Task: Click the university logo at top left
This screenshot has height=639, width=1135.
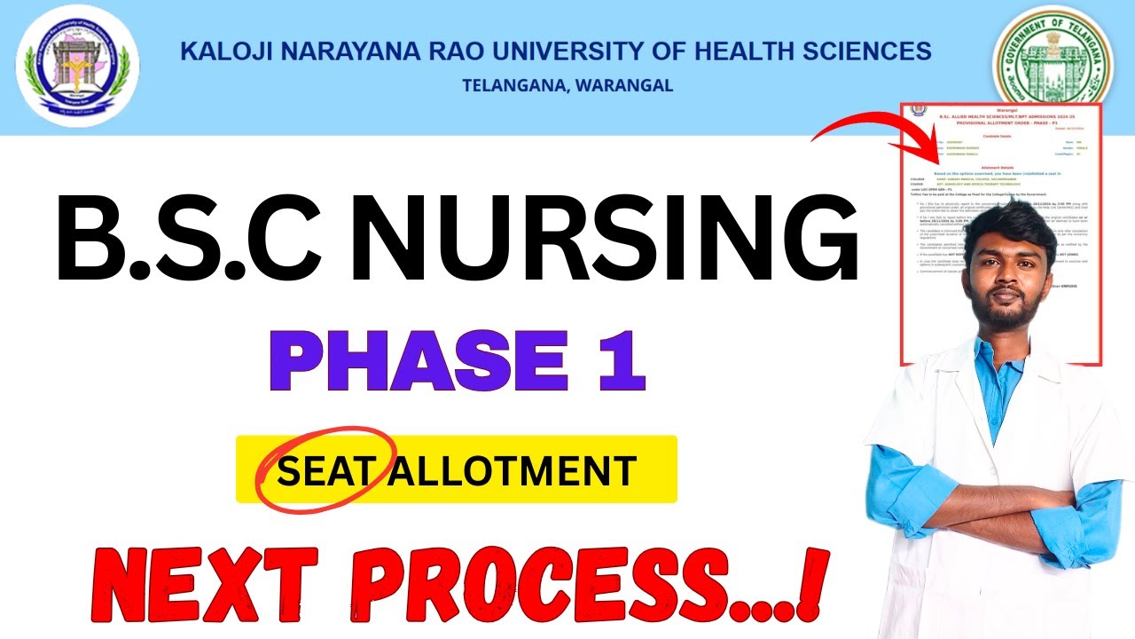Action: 78,67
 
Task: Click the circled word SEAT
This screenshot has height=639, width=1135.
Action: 323,470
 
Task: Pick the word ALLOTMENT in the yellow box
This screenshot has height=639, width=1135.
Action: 513,470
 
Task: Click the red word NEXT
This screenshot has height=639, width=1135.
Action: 193,586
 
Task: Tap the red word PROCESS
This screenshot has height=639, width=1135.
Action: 567,586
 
